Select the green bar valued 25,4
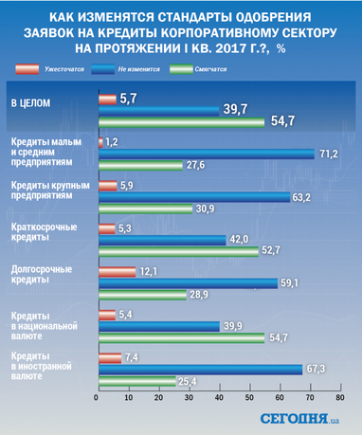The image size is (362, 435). click(135, 382)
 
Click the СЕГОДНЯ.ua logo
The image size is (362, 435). click(303, 418)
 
